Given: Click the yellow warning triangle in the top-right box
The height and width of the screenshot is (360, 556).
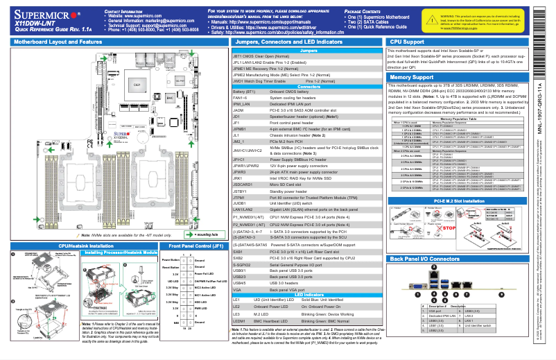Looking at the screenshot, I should tap(433, 15).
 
